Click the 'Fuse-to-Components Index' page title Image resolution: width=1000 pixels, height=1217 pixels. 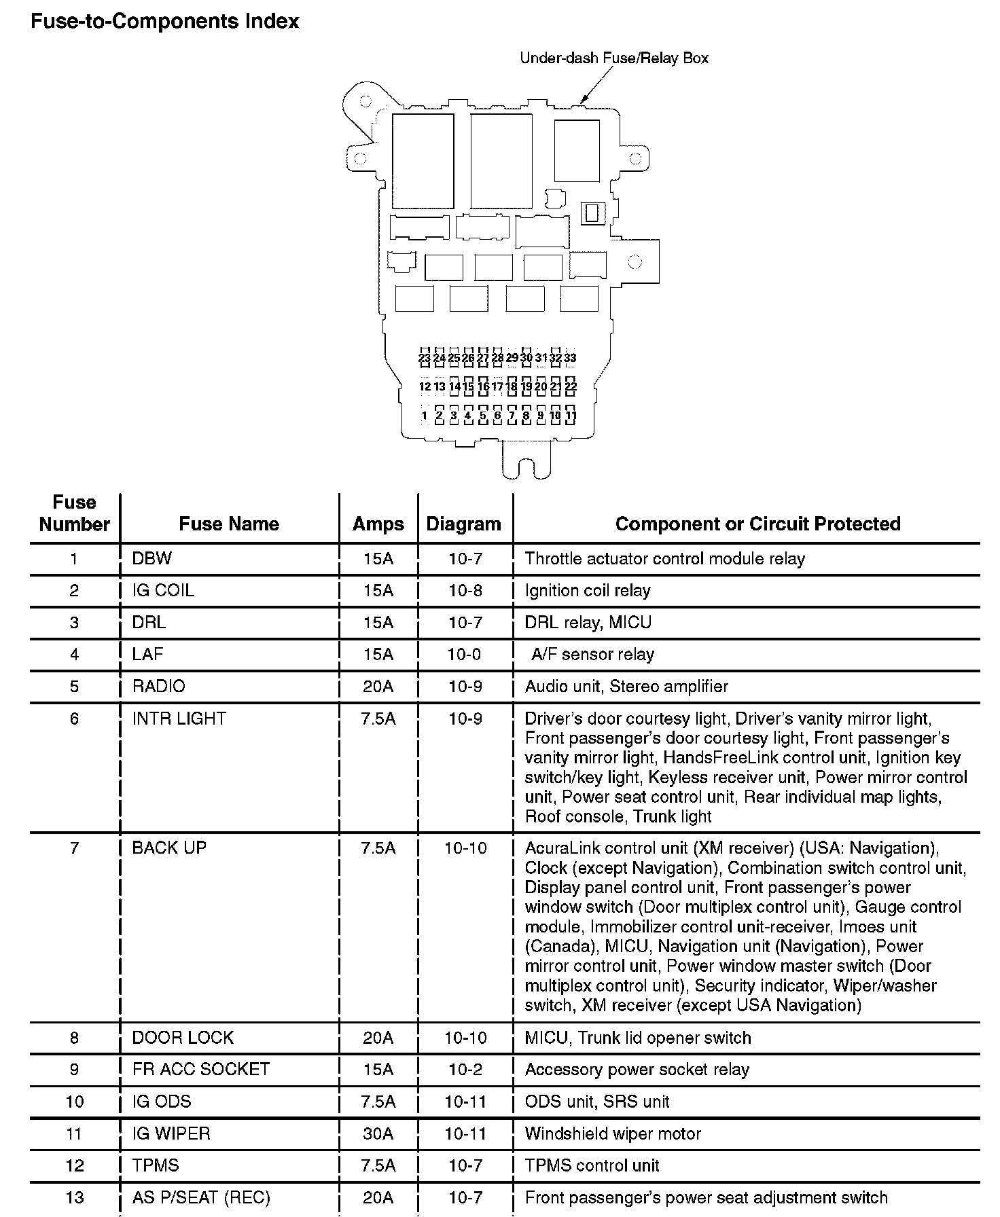pos(165,21)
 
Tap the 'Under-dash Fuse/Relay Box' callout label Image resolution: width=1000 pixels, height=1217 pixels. pos(613,58)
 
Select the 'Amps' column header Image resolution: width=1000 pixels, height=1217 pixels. pos(378,524)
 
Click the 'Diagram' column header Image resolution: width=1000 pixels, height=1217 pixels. pos(463,524)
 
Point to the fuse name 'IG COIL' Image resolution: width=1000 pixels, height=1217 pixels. pos(163,590)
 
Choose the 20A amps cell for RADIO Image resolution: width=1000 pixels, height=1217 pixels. pos(378,686)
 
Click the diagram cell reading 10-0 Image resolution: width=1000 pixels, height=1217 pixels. pos(465,654)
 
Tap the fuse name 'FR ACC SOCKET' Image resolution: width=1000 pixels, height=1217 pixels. pos(201,1069)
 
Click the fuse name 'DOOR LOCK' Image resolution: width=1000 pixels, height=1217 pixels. pos(183,1037)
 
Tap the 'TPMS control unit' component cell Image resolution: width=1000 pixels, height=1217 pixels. pos(592,1165)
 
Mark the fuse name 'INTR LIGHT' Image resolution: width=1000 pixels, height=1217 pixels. pos(179,718)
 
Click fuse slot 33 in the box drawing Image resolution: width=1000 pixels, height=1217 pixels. pos(571,357)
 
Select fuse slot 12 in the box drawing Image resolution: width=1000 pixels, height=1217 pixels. pos(425,386)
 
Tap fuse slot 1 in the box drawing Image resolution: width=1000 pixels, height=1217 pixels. pos(425,416)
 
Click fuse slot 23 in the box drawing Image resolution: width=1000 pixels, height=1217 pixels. pos(425,357)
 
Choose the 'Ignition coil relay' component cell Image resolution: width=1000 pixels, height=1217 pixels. pos(588,590)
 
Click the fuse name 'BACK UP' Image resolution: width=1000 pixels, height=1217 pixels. pos(169,848)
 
